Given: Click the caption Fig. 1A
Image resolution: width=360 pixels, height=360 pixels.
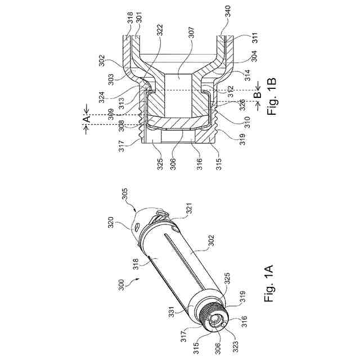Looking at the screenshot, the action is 269,284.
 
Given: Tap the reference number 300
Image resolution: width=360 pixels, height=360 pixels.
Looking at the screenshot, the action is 121,285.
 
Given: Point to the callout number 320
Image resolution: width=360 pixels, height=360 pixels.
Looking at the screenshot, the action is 111,223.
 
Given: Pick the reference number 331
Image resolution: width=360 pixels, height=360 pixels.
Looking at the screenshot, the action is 172,311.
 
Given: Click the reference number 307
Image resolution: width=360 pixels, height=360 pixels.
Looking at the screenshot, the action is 191,33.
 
